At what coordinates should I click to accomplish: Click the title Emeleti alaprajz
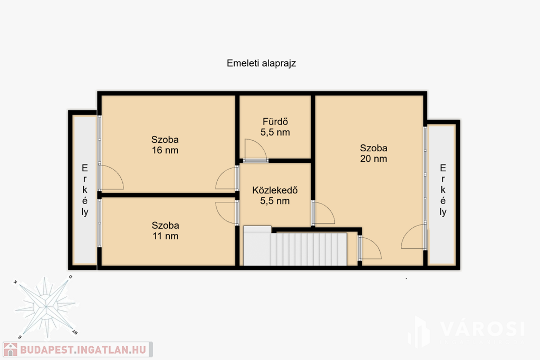[x=262, y=63]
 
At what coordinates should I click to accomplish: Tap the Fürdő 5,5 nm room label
[x=275, y=127]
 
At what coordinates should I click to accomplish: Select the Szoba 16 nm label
[x=165, y=145]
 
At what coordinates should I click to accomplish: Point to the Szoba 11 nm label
[x=165, y=230]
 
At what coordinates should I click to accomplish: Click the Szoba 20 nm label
[x=374, y=153]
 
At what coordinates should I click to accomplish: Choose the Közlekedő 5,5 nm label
[x=275, y=196]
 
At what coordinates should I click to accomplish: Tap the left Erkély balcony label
[x=85, y=190]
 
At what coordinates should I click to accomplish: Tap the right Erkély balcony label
[x=443, y=190]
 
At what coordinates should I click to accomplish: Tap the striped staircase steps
[x=308, y=249]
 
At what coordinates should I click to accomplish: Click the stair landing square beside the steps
[x=257, y=246]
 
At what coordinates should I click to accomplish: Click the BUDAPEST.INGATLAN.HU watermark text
[x=83, y=349]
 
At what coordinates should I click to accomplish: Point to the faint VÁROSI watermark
[x=482, y=329]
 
